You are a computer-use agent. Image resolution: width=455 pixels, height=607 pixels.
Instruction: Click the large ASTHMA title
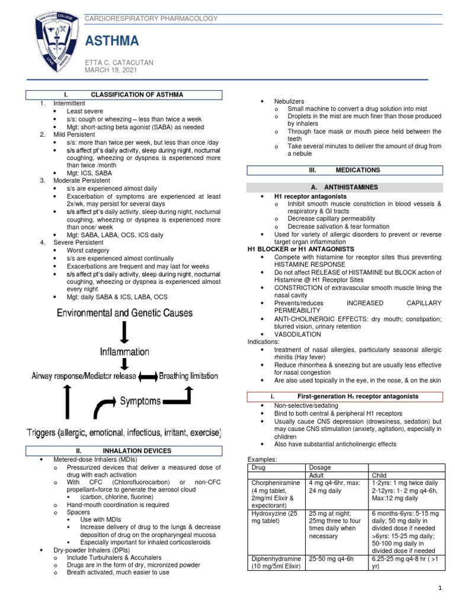click(113, 40)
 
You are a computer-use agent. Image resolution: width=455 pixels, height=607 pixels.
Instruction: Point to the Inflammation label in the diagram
click(124, 352)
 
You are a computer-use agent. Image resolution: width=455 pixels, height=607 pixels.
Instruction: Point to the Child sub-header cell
click(379, 475)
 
